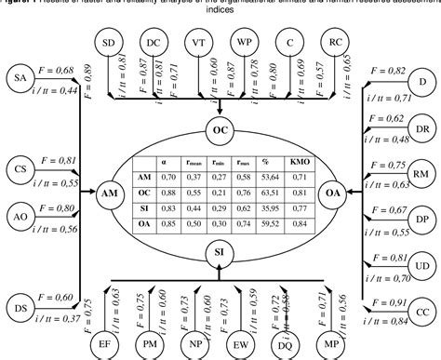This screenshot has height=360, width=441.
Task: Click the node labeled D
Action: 424,83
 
